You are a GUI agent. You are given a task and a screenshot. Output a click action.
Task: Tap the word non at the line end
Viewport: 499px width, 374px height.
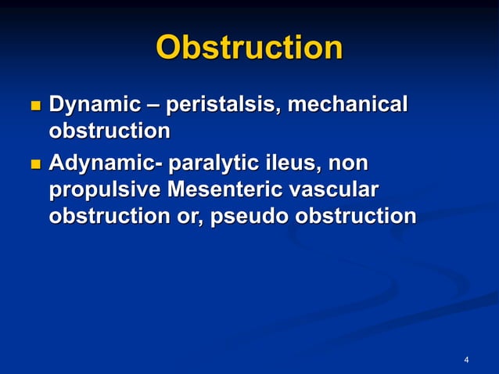348,165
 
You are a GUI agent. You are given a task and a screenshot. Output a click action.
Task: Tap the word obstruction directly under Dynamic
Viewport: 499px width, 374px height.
109,131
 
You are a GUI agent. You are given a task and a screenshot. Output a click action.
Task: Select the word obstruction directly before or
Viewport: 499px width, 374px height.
109,216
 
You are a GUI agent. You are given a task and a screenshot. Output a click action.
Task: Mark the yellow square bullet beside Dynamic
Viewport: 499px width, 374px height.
34,106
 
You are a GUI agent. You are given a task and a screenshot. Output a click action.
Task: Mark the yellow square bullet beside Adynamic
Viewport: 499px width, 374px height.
34,165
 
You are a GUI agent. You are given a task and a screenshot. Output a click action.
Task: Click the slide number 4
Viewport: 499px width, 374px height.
466,360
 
